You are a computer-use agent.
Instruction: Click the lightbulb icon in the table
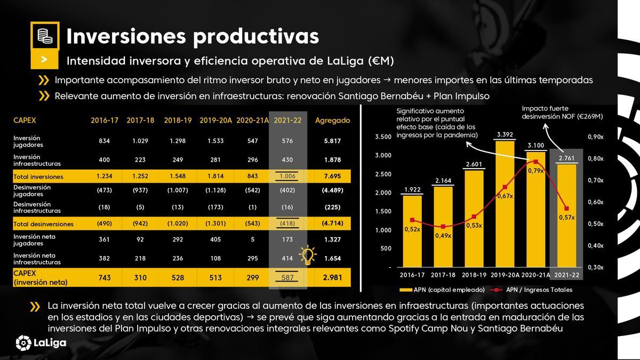tap(308, 256)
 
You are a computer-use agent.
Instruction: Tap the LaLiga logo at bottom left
tap(41, 342)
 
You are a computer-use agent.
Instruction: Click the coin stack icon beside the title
tap(45, 36)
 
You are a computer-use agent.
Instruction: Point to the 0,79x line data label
tap(535, 171)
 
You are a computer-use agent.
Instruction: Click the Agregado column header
tap(332, 121)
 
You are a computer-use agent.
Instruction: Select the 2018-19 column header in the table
tap(178, 121)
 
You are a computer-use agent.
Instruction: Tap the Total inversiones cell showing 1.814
tap(215, 177)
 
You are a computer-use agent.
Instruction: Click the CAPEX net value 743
tap(104, 278)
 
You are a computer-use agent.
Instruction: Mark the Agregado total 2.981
tap(332, 278)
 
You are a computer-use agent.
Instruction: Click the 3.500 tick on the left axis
tap(383, 138)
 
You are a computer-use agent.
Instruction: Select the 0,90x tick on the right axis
tap(595, 138)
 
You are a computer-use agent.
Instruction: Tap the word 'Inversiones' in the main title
tap(125, 36)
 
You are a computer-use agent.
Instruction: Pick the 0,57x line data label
tap(566, 218)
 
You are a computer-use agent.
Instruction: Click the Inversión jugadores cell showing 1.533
tap(215, 141)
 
